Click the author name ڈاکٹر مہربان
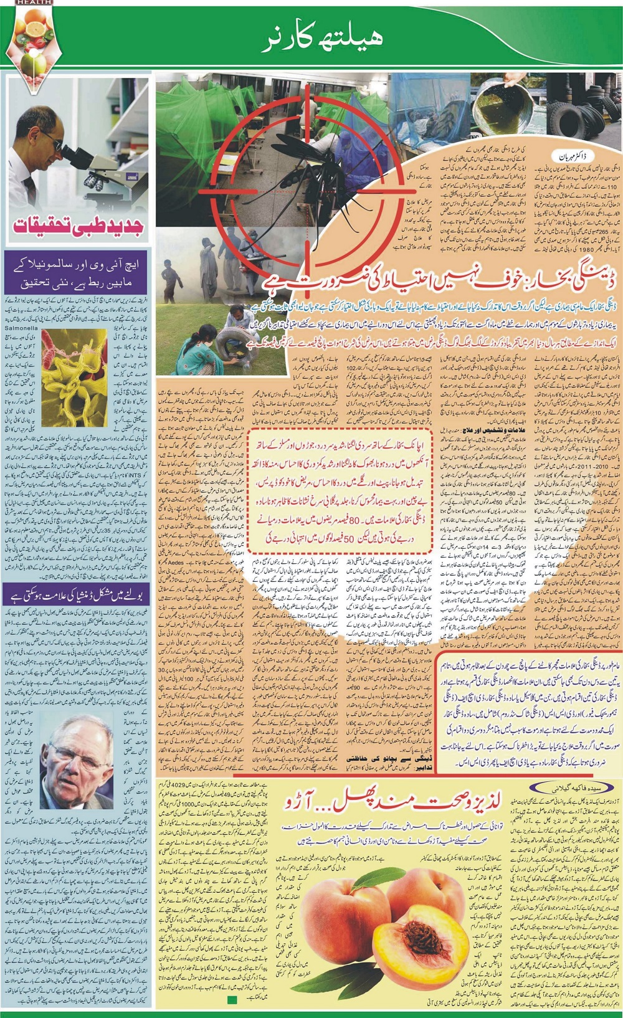click(574, 152)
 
